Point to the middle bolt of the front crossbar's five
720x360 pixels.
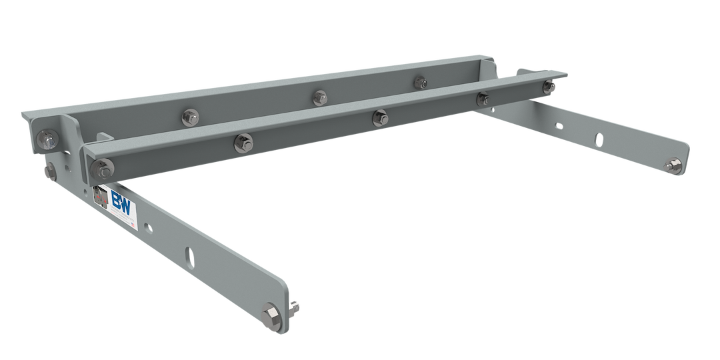[x=379, y=117]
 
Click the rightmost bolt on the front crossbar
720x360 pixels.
[x=549, y=87]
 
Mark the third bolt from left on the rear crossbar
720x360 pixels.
[x=319, y=97]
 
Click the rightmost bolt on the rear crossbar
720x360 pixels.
[x=419, y=81]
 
